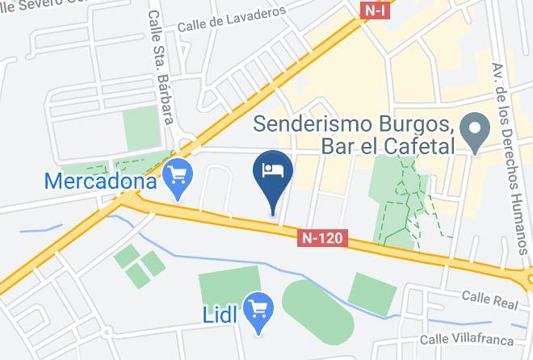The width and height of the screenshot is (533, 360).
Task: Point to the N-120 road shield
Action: pyautogui.click(x=325, y=238)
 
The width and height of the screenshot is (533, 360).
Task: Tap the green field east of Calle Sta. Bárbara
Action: pyautogui.click(x=143, y=129)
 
